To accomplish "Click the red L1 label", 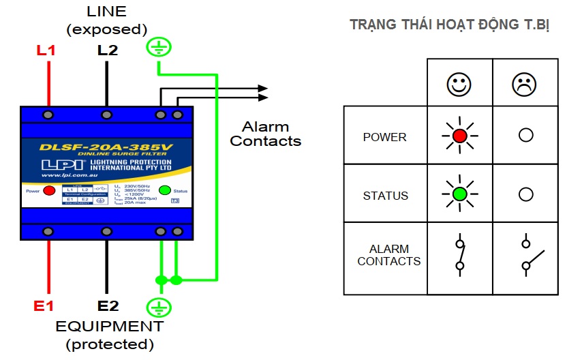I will (x=46, y=50).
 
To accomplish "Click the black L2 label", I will (x=107, y=50).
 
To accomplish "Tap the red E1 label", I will (x=44, y=306).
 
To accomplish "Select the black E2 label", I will (x=108, y=306).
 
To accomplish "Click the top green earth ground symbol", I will (x=158, y=47).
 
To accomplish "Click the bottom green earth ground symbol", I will (x=158, y=306).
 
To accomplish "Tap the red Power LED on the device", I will (x=49, y=190).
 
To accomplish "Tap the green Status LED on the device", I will (x=164, y=190).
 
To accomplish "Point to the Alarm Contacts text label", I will (x=265, y=134).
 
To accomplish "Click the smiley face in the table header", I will (x=459, y=84).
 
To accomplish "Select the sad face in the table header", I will (x=524, y=84).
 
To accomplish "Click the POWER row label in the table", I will (x=384, y=137).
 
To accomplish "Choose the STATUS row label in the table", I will (x=385, y=196).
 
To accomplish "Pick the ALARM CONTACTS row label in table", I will (x=388, y=255).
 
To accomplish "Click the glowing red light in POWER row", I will (x=459, y=136).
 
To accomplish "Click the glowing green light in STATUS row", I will (x=459, y=194).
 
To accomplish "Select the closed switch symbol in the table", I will (x=460, y=254).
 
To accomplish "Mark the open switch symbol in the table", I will (x=530, y=254).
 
